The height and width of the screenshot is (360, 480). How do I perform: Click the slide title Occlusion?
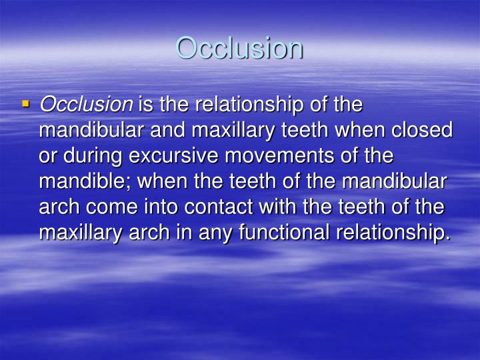[239, 48]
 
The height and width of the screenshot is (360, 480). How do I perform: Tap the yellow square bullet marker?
[26, 104]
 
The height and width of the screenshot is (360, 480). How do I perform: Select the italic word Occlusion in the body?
[86, 105]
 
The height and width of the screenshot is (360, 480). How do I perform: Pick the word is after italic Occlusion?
[145, 105]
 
